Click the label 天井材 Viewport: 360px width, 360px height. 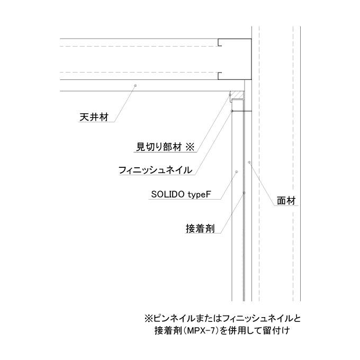click(94, 117)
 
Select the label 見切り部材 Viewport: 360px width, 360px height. click(159, 147)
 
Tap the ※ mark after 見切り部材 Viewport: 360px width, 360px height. click(190, 147)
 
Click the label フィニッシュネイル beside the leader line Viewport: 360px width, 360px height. click(155, 170)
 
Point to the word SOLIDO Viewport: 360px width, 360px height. click(168, 194)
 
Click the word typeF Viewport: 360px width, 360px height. click(199, 195)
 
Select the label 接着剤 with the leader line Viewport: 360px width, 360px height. click(200, 229)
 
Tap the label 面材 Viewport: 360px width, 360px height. click(286, 201)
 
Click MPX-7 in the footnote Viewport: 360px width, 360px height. click(201, 331)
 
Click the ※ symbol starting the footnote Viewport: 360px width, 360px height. click(149, 319)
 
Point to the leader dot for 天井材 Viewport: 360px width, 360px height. click(135, 86)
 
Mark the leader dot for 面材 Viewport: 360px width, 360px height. click(249, 163)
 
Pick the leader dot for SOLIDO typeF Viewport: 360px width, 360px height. click(237, 172)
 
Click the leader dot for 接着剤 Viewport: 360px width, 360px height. click(244, 193)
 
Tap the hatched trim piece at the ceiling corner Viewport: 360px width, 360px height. click(238, 95)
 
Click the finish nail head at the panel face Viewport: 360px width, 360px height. click(232, 111)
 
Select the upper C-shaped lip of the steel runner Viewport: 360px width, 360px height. click(220, 42)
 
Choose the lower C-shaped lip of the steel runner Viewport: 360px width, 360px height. click(220, 76)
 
